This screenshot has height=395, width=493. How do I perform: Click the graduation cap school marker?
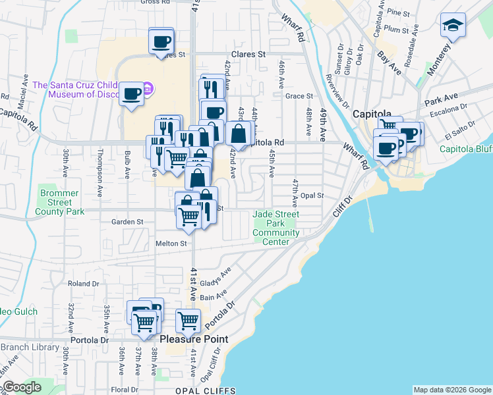coord(453,26)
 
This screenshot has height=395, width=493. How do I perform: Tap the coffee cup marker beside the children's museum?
coord(132,93)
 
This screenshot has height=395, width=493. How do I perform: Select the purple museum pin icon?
coord(148,88)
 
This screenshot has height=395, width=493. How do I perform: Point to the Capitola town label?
coord(372,113)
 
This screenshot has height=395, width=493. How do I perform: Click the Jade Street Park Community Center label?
coord(275,228)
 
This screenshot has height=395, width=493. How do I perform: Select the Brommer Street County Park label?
coord(60,203)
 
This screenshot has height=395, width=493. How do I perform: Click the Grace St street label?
coord(299,96)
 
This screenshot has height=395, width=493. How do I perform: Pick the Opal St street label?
coord(312,196)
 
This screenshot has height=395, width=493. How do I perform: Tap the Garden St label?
coord(127,223)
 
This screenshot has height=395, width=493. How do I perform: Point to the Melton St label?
coord(171,244)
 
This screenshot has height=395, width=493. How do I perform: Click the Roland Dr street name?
coord(83,284)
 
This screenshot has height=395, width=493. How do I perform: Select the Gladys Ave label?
coord(218,275)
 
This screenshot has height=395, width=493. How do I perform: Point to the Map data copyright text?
coord(452,390)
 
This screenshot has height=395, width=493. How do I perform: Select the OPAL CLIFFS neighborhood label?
coord(204,390)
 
